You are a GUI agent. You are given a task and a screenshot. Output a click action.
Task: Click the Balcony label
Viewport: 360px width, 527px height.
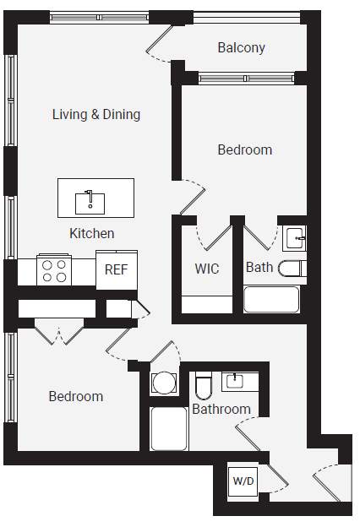(241, 48)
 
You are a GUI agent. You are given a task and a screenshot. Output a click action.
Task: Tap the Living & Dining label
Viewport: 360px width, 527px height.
(96, 114)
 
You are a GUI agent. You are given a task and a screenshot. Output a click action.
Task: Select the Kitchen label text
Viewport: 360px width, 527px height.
(91, 233)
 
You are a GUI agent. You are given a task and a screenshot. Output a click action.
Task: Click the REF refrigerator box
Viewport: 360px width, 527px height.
(117, 270)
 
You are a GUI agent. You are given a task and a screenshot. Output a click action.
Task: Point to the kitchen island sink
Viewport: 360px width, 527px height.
(90, 202)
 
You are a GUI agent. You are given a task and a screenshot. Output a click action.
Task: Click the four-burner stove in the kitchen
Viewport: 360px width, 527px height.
(55, 271)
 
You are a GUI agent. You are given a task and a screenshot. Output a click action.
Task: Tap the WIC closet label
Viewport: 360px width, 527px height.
(207, 269)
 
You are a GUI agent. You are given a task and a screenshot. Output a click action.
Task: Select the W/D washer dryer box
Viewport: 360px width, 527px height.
(243, 482)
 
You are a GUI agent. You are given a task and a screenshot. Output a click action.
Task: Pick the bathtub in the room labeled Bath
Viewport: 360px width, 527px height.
(272, 300)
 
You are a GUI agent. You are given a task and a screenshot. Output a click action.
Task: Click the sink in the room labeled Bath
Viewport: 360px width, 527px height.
(293, 237)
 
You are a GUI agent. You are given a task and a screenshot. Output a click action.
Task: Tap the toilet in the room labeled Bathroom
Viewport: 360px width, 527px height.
(204, 386)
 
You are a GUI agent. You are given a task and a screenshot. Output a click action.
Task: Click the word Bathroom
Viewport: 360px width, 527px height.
(221, 410)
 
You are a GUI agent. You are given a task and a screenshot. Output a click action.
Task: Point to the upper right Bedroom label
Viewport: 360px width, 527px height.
(245, 149)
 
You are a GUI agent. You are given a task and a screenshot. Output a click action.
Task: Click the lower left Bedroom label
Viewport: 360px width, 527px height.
(76, 396)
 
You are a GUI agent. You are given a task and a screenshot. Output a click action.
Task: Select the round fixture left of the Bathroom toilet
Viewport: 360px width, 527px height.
(164, 383)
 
